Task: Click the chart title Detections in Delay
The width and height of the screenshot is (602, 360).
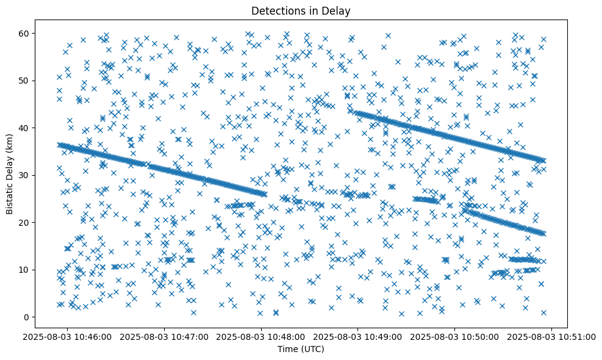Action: point(301,10)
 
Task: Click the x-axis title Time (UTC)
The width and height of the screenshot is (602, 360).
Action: point(301,350)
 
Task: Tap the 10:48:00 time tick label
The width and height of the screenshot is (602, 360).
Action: point(262,336)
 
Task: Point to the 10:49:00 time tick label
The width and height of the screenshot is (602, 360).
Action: point(359,336)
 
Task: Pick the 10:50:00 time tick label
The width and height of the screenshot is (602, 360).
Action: point(455,336)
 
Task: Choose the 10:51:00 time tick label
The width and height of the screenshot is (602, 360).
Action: point(552,336)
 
